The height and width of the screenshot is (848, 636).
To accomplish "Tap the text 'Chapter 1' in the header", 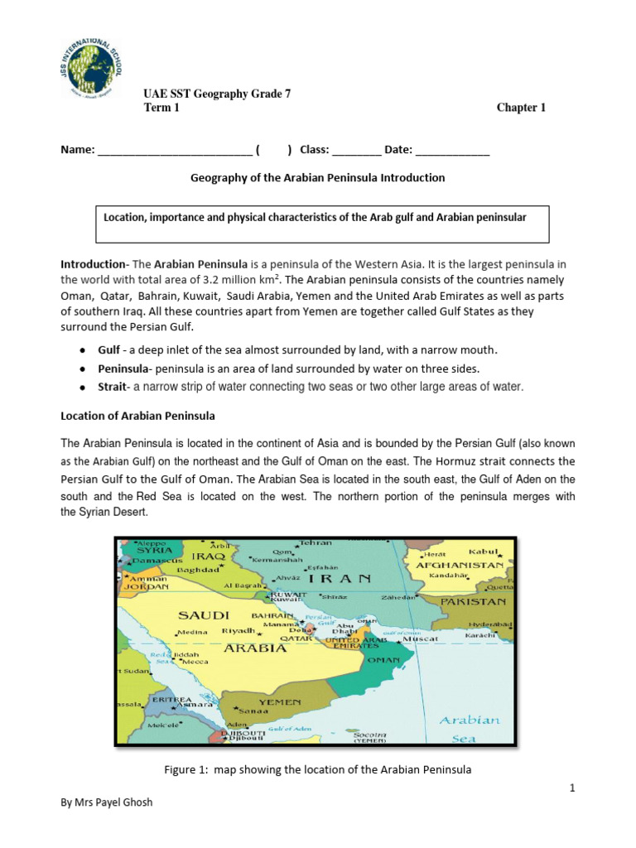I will point(521,108).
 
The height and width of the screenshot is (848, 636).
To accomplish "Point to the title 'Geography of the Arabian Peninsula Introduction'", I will point(318,178).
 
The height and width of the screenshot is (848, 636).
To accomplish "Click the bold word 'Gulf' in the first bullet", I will point(108,350).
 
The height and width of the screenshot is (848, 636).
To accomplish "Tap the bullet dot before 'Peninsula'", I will point(84,369).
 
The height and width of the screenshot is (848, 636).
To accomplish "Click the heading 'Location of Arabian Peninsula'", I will point(138,415).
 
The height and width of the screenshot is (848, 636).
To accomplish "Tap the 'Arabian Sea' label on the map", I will point(470,728).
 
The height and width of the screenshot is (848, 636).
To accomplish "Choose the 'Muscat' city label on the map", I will point(421,639).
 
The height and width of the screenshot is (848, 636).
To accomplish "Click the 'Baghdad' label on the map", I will point(196,571).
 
